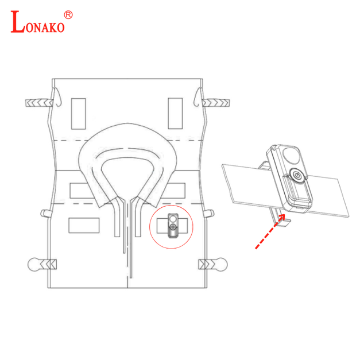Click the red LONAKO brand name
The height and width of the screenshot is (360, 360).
point(38,22)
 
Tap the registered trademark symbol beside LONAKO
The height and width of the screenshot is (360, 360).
point(68,15)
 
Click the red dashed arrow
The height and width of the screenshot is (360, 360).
point(270,231)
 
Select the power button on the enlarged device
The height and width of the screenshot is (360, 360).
point(297,175)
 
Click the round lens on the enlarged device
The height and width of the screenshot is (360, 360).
point(291,156)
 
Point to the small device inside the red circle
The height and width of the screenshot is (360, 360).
point(173,225)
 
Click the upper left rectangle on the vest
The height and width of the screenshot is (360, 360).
point(79,114)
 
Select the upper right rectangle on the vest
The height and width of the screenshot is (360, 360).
point(175,113)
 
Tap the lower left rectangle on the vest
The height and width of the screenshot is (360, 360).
point(84,225)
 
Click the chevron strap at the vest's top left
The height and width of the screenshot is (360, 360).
point(39,103)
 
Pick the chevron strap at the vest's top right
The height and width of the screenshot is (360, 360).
point(216,103)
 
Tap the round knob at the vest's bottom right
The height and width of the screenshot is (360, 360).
point(221,265)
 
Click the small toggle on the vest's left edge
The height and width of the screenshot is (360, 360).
point(45,213)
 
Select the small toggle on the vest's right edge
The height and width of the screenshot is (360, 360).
point(209,213)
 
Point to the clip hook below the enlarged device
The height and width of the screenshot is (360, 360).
point(280,218)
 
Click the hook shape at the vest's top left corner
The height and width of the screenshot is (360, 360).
point(57,97)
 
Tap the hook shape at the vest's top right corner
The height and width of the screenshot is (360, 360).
point(198,97)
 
